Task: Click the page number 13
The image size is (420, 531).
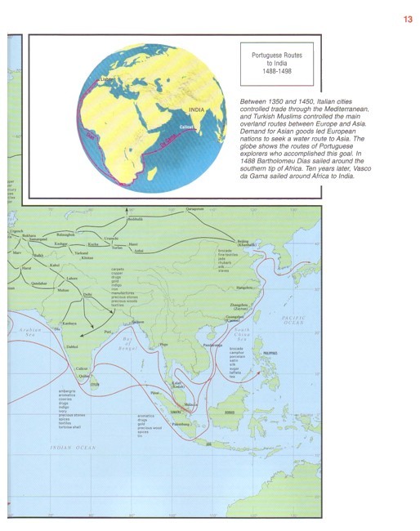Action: (407, 20)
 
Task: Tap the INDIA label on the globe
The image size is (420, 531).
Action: (196, 109)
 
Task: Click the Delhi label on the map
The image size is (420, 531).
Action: (87, 294)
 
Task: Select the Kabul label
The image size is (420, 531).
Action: (55, 265)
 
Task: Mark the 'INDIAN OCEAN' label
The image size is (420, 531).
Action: (73, 448)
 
